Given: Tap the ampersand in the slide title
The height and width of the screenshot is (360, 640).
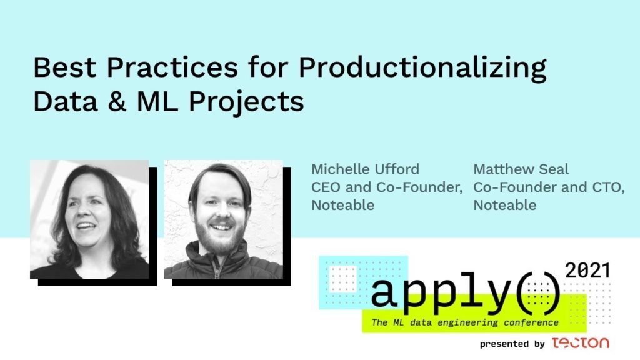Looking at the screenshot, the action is [x=117, y=101].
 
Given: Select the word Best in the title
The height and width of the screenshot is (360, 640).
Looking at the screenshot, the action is [x=64, y=67].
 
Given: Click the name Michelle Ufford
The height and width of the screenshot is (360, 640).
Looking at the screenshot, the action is [x=365, y=169].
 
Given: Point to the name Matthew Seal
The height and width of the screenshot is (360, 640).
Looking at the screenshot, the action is [x=521, y=169].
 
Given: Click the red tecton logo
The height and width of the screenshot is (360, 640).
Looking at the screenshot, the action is [x=581, y=343].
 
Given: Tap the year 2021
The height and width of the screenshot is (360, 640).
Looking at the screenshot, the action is [x=587, y=271].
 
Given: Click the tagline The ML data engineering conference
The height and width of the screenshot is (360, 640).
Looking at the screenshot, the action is [x=465, y=322].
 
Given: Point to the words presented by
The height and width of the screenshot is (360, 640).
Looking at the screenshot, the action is [x=512, y=344].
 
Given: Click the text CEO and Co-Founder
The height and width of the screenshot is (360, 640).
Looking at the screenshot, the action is [x=387, y=187].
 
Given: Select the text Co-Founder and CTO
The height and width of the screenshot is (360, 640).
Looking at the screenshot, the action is [x=549, y=187].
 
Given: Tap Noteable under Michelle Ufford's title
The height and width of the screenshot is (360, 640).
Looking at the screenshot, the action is [x=343, y=205].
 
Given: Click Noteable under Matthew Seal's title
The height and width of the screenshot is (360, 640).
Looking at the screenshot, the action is [x=505, y=205].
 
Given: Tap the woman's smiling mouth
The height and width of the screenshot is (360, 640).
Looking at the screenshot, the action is [x=86, y=226].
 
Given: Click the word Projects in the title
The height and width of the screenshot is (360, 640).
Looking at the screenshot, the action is [x=246, y=102].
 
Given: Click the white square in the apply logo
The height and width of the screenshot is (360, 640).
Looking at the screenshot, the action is [x=343, y=279].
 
